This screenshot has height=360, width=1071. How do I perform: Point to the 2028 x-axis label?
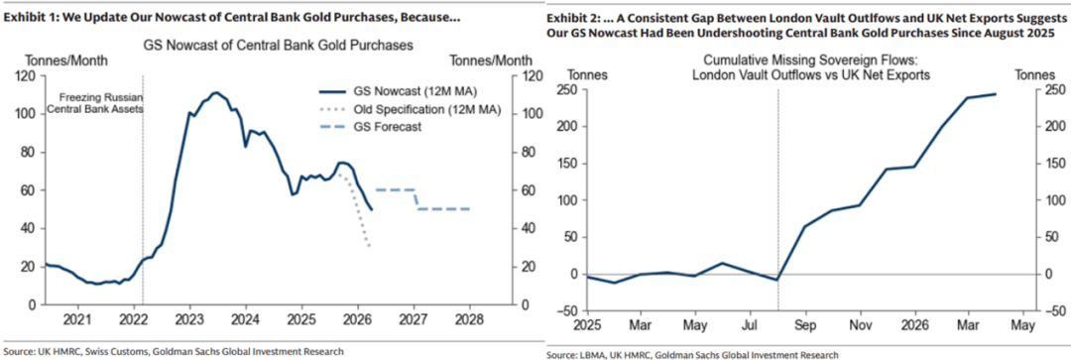[x=470, y=319]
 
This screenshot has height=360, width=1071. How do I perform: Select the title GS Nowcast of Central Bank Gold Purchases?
[x=278, y=47]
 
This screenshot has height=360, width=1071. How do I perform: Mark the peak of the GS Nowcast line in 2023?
[x=216, y=92]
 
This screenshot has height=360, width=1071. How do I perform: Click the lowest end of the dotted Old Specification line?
[x=370, y=246]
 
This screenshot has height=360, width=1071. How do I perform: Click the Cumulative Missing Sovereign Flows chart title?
[x=811, y=67]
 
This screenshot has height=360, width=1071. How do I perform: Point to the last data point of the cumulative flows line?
[x=996, y=94]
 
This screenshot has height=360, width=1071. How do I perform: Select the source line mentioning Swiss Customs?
[x=174, y=351]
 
